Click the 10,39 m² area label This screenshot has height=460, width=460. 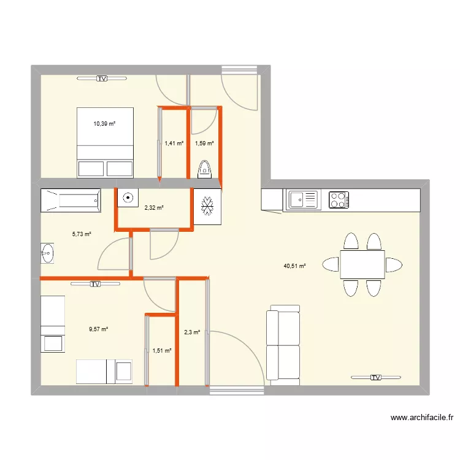[104, 124]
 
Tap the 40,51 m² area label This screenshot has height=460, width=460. [294, 266]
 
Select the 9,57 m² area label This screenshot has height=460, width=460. [98, 329]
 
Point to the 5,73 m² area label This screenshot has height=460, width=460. [82, 234]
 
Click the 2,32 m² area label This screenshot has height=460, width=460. [154, 208]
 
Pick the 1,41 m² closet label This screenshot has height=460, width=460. [174, 144]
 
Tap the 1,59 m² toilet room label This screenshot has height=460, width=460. [204, 144]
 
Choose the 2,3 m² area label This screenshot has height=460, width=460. [191, 332]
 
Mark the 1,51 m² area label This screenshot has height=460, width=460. [161, 351]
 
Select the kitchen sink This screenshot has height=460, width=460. [303, 199]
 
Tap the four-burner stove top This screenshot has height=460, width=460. [339, 199]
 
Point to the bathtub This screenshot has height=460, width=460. [71, 200]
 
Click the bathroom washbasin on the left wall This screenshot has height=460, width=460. [47, 253]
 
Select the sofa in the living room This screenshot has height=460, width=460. [283, 345]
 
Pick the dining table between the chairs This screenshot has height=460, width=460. [362, 264]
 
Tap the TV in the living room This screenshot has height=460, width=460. [375, 378]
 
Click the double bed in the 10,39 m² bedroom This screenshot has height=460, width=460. [105, 143]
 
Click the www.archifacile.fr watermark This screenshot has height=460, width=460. [422, 418]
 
